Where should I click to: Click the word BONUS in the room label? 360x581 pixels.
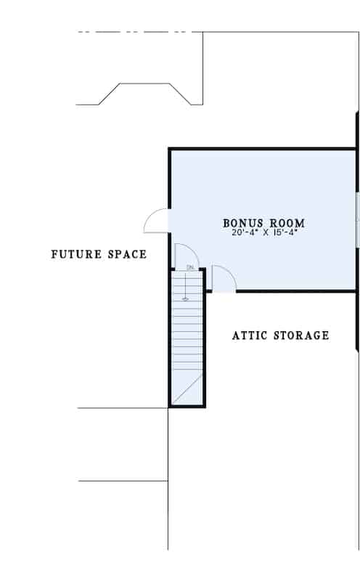coord(243,223)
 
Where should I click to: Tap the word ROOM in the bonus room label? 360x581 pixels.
coord(287,223)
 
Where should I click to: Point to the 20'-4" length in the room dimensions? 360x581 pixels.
coord(243,232)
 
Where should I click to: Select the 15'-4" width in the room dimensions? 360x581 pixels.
coord(286,232)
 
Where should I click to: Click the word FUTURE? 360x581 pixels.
coord(77,254)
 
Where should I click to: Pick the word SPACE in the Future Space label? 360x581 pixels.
coord(128,254)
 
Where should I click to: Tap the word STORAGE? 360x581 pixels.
coord(301,336)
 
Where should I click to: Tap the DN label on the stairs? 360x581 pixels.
coord(190,267)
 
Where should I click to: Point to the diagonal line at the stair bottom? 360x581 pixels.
coord(188,389)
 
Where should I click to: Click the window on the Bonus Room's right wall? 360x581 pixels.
coord(357,220)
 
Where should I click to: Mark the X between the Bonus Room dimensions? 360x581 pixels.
coord(264,233)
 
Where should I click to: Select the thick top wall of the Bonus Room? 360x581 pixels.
coord(262,149)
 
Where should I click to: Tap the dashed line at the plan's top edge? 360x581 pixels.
coord(136,32)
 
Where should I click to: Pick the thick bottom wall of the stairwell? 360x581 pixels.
coord(187,406)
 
